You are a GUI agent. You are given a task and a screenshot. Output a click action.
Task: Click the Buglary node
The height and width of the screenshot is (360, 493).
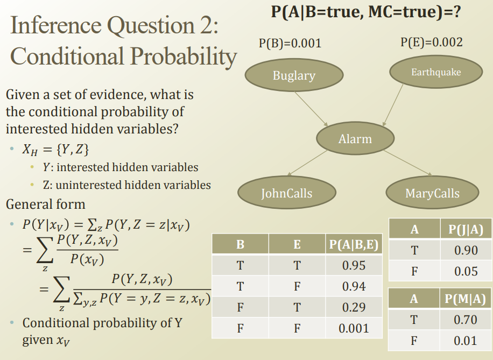tap(294, 75)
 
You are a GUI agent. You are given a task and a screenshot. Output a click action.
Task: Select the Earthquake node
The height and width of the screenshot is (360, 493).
tap(436, 72)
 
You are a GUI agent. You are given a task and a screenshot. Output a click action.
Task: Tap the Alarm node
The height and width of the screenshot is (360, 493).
tap(355, 138)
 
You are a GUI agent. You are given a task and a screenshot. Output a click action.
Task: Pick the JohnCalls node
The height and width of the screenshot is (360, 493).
tap(287, 193)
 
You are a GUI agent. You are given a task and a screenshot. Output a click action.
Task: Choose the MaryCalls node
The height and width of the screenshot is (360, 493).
tap(432, 193)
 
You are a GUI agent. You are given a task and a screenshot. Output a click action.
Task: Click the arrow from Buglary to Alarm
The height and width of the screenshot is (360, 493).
tap(311, 109)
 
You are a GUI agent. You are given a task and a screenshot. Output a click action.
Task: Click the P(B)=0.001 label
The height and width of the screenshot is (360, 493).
tap(290, 43)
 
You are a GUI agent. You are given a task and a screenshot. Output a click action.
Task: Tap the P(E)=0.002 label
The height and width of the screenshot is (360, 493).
tap(432, 42)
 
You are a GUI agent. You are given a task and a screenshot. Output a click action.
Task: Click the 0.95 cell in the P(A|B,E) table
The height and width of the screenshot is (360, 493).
tap(354, 265)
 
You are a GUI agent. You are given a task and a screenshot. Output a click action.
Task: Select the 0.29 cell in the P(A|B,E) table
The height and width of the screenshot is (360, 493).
tap(354, 307)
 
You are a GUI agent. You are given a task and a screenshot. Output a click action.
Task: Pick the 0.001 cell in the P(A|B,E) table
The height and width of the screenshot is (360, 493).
tap(354, 328)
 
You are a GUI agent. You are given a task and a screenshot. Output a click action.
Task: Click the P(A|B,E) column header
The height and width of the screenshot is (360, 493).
tap(354, 244)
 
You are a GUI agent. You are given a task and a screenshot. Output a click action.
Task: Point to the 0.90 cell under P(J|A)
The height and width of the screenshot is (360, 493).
tap(466, 250)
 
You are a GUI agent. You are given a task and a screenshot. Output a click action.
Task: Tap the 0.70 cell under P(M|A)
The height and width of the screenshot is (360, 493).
tap(466, 320)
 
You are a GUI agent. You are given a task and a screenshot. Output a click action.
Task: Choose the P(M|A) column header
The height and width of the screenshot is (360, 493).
tap(466, 298)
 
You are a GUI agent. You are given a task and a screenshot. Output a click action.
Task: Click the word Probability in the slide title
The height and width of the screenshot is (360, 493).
tap(184, 57)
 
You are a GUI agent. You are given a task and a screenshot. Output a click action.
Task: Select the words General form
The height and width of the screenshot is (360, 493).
tap(46, 204)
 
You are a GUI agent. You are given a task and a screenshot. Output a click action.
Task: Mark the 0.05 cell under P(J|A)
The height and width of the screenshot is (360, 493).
tap(466, 271)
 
